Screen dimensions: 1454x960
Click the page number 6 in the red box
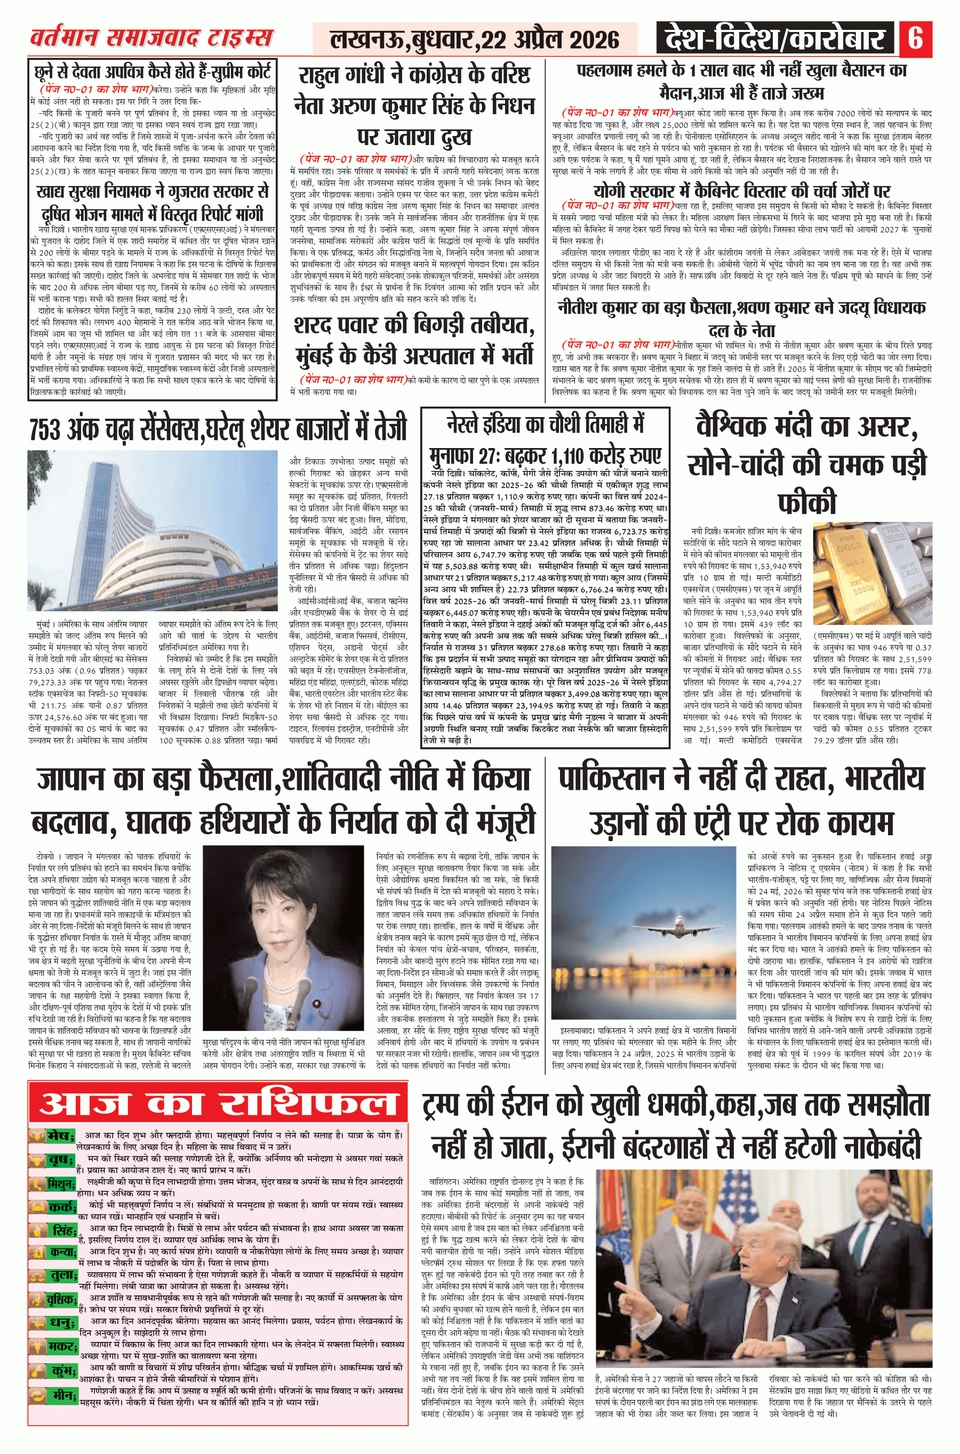pyautogui.click(x=915, y=38)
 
